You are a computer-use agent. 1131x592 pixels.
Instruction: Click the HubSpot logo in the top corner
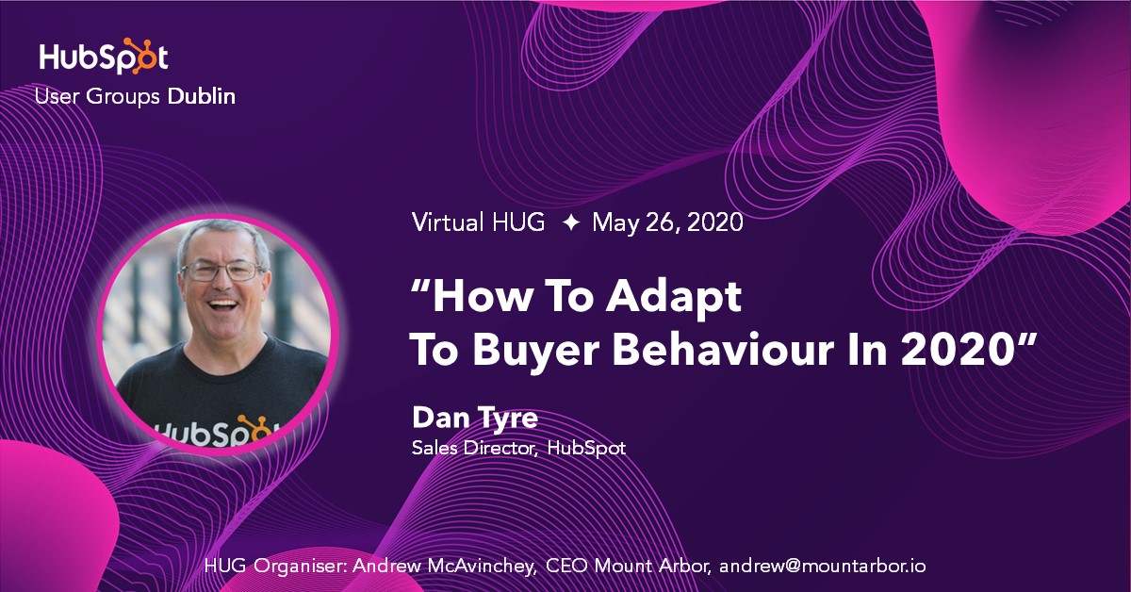click(104, 57)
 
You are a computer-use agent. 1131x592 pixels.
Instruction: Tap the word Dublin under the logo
click(202, 96)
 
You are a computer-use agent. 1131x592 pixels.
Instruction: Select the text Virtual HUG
click(478, 223)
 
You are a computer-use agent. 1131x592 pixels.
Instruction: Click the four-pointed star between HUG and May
click(570, 223)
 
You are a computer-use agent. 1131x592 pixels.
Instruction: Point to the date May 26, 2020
click(667, 223)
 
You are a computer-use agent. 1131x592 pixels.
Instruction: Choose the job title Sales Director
click(474, 448)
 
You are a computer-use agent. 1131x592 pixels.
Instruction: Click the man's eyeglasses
click(222, 271)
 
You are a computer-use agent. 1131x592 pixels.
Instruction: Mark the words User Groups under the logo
click(97, 96)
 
